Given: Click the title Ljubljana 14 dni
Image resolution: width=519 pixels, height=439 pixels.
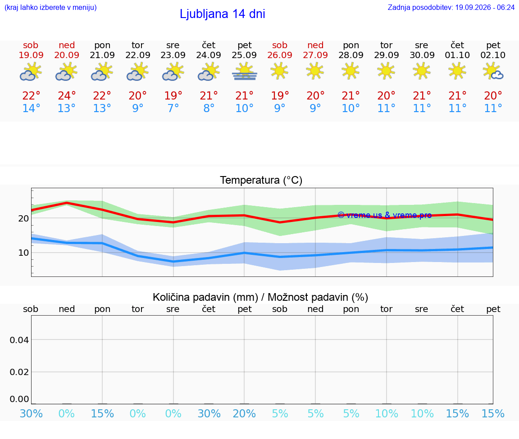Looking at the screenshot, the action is (223, 14).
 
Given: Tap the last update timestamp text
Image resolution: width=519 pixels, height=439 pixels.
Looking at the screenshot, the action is (451, 7).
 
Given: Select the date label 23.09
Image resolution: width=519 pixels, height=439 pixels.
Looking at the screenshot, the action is (173, 55).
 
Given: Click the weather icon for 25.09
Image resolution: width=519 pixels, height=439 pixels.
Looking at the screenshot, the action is (244, 72).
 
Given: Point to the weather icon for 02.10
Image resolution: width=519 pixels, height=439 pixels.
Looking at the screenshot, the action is (493, 72).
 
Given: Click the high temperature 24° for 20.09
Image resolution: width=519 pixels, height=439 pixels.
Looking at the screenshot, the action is (67, 95).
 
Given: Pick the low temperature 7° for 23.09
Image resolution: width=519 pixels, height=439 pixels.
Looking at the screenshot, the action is (173, 108).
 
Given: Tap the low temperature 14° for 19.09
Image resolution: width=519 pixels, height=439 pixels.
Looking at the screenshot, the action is (31, 108).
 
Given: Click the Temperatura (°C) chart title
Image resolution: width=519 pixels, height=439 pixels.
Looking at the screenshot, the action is (261, 180).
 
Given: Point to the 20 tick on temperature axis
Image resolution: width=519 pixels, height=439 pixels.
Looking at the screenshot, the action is (23, 218).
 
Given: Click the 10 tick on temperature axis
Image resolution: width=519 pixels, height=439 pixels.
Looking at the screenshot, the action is (23, 253).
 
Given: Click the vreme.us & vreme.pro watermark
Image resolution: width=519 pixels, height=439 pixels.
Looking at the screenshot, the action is (385, 215).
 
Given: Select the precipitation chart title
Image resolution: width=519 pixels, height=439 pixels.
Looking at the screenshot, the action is (260, 297).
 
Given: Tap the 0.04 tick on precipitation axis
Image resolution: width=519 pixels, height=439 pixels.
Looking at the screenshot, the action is (19, 340).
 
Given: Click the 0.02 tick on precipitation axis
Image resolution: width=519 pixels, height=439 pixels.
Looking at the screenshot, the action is (19, 372).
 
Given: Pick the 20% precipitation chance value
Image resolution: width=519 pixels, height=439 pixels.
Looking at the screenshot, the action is (244, 413).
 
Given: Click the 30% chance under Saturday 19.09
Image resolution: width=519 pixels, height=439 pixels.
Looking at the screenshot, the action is (31, 413).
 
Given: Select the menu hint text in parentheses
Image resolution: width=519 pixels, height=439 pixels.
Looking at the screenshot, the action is (50, 7).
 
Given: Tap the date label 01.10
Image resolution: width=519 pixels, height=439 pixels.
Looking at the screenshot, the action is (457, 55).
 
